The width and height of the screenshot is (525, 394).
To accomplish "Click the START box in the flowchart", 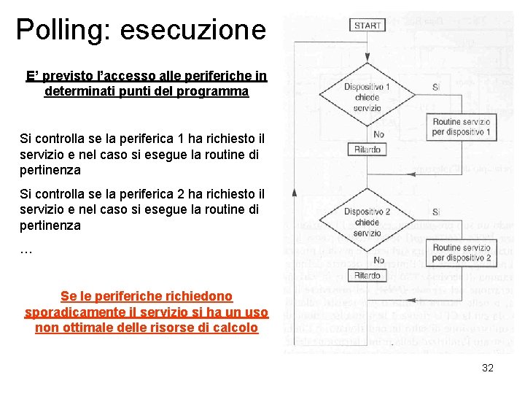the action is (x=367, y=26).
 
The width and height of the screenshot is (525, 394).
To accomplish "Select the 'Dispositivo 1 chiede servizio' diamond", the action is (x=367, y=97).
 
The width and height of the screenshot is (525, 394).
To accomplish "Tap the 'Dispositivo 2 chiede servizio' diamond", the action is (x=367, y=223).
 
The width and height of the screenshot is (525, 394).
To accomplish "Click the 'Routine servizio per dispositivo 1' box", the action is (x=462, y=127).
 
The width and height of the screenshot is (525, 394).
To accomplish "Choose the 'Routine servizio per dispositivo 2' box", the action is (x=462, y=252).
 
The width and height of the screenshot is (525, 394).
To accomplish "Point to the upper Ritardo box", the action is (x=367, y=150).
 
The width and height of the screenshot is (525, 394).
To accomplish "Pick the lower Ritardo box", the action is (x=367, y=276).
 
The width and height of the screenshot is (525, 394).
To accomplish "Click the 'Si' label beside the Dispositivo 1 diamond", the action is (x=436, y=87).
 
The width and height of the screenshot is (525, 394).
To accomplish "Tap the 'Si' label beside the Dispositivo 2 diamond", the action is (x=436, y=212).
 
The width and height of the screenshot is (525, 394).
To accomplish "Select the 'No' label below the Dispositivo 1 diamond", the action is (x=378, y=135).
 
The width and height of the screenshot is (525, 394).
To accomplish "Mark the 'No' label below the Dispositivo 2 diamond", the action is (x=378, y=260).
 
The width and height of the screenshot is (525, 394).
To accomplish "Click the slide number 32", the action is (x=488, y=368).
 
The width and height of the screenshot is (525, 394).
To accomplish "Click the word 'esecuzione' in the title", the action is (x=193, y=29).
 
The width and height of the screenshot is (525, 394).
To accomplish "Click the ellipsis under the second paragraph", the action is (x=26, y=250).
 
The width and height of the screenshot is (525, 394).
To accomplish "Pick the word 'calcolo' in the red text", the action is (x=235, y=328).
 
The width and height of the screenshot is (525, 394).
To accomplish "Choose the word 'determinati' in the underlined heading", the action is (x=79, y=92).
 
